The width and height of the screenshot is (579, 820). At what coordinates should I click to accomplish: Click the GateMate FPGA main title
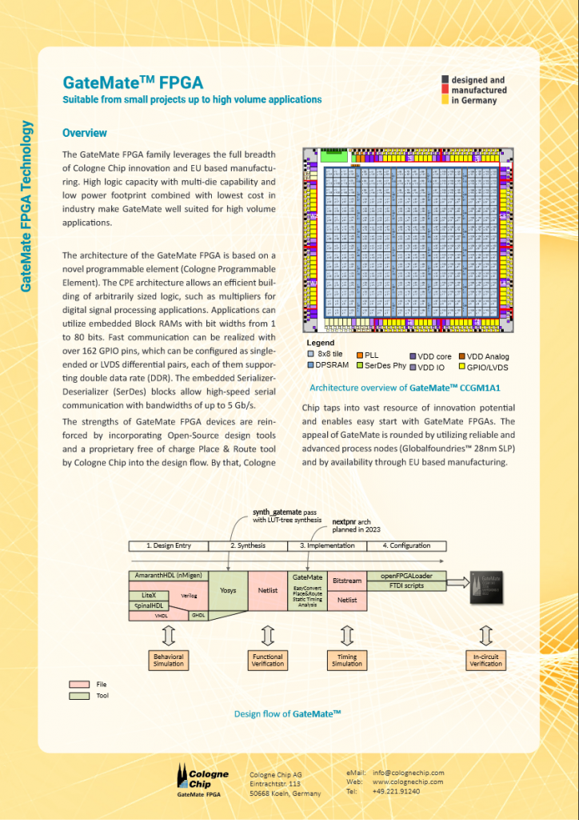click(x=133, y=82)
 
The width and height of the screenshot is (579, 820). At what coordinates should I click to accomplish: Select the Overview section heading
click(x=84, y=133)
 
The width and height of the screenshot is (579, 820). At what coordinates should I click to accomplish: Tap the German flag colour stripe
click(x=444, y=90)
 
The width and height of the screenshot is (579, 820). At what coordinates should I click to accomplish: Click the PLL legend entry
click(x=367, y=355)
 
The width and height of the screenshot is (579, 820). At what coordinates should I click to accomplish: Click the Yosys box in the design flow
click(x=228, y=590)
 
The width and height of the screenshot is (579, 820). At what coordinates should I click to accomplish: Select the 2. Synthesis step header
click(x=248, y=545)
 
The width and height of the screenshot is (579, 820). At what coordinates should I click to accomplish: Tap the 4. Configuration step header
click(x=406, y=545)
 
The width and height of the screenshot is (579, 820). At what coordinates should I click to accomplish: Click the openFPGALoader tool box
click(x=406, y=576)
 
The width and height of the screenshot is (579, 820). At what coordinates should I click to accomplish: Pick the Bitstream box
click(x=347, y=580)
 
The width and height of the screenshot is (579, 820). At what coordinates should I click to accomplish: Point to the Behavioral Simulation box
click(x=168, y=661)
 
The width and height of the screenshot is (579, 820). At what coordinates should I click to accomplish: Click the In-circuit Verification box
click(x=485, y=661)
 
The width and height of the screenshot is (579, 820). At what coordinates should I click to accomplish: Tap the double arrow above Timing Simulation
click(x=347, y=636)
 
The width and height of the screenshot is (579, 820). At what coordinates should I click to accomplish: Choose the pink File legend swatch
click(x=79, y=685)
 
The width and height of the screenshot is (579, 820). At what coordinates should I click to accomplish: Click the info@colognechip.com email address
click(x=408, y=773)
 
